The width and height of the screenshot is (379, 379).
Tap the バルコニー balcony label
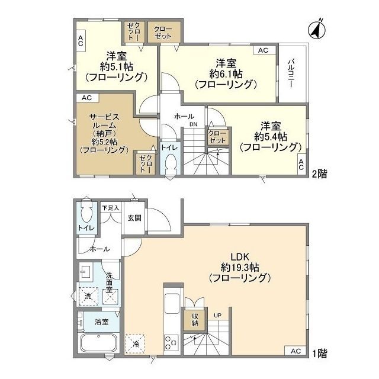click(291, 73)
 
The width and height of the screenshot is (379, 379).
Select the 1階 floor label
click(320, 353)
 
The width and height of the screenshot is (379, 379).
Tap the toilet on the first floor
click(86, 213)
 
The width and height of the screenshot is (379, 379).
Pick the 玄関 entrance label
click(134, 218)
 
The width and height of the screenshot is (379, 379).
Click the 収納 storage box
click(194, 320)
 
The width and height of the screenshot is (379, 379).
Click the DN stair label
click(194, 124)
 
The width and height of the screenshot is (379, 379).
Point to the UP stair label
click(218, 314)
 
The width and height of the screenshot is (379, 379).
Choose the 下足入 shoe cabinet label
click(110, 208)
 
